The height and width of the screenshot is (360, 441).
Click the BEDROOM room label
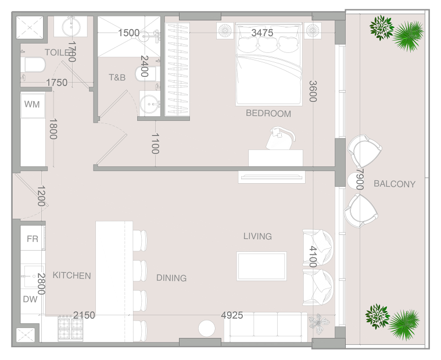coord(268,113)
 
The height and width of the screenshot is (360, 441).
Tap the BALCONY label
coord(395,184)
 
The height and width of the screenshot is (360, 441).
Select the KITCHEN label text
coord(71,275)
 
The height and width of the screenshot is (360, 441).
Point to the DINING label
coord(171,278)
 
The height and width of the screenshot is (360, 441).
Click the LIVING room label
coord(257,236)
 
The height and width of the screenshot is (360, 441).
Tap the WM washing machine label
coord(32,104)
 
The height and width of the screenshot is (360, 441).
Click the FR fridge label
coord(33,238)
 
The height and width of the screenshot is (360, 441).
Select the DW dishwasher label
coord(30,299)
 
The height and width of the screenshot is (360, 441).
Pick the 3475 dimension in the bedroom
coord(262,33)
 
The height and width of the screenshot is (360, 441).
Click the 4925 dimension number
coord(232,315)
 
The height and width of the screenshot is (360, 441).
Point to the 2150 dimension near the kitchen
coord(84,315)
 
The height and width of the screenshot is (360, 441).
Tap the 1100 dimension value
coord(155,144)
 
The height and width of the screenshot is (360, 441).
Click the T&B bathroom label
coord(117,77)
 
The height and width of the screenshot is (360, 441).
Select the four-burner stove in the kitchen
coord(70,329)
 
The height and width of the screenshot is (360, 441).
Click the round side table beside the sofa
coord(207,328)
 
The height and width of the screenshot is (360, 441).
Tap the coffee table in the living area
coord(261,266)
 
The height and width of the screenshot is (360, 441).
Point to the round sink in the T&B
coord(150,104)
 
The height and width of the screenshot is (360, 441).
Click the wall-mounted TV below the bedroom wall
coord(272,177)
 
